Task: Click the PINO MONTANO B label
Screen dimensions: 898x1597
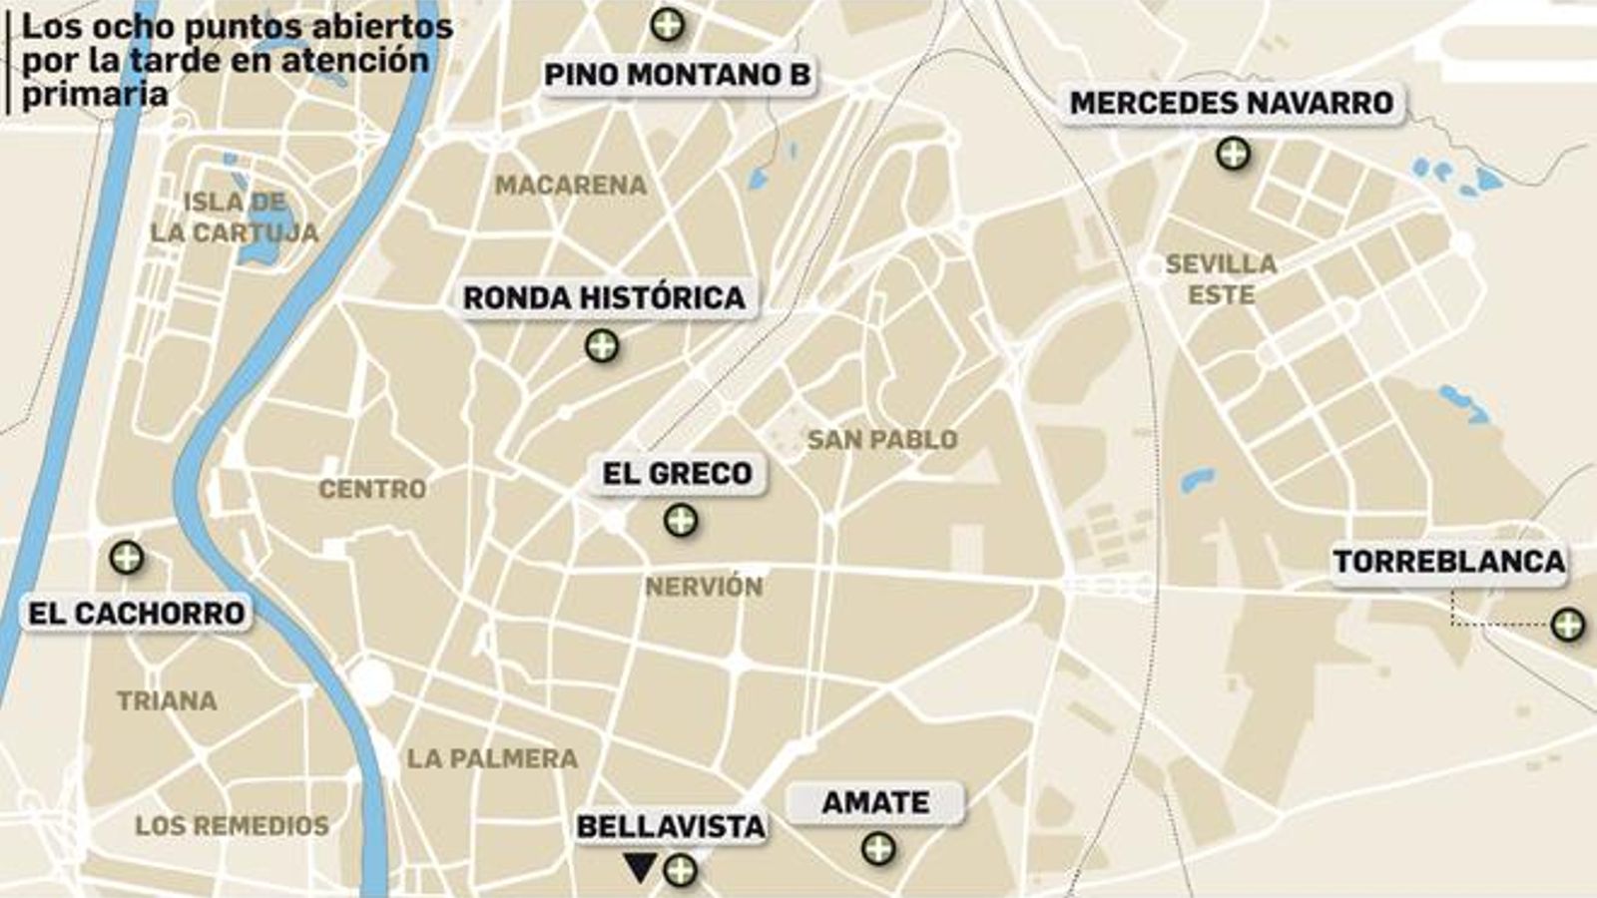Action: click(677, 75)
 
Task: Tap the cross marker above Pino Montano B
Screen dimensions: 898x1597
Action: click(668, 24)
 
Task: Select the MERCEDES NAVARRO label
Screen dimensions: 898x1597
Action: click(1232, 103)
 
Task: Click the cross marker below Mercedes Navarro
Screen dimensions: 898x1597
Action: click(1234, 154)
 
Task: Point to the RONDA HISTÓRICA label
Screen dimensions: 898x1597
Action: click(604, 297)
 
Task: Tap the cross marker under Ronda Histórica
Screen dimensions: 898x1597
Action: click(601, 346)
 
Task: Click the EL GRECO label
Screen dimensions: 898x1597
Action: click(677, 473)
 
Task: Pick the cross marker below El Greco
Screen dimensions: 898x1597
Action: click(681, 520)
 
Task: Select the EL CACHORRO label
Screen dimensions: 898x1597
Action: click(137, 614)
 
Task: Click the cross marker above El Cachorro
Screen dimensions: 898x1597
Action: click(126, 557)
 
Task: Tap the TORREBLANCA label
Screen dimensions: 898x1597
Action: click(1449, 562)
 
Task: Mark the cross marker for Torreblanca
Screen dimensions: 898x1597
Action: click(1567, 625)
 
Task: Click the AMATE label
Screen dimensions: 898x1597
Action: click(875, 802)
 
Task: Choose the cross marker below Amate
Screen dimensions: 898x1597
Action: click(878, 849)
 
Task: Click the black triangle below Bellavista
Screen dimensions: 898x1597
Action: click(639, 867)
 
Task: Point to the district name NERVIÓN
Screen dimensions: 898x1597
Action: click(704, 587)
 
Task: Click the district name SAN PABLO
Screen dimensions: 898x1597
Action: click(882, 439)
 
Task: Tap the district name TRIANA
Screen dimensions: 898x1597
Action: click(167, 700)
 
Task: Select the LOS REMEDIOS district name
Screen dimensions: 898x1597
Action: click(232, 825)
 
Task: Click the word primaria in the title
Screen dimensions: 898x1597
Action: click(95, 95)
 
